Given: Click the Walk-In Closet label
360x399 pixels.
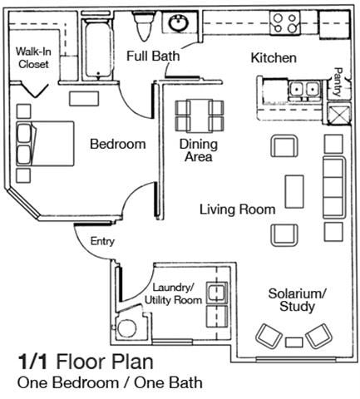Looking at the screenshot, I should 32,57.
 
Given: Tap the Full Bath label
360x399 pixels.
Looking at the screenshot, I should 154,57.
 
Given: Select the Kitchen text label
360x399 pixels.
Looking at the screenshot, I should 274,57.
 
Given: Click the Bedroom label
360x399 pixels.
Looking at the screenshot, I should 117,144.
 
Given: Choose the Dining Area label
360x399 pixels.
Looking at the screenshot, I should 199,150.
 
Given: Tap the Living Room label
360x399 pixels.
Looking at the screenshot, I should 237,209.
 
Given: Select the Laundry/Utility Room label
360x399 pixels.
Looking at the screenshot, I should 173,293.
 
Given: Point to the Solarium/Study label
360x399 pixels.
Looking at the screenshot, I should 297,300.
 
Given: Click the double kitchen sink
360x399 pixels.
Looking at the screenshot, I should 300,88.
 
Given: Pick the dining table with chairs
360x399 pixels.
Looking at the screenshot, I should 200,116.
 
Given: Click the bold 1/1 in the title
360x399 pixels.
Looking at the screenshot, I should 33,362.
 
